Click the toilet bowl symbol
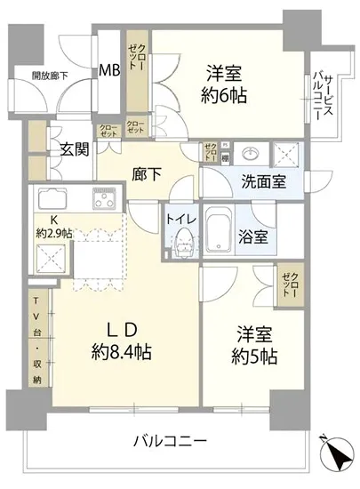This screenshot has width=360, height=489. pyautogui.click(x=184, y=240)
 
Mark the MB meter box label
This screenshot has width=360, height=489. pyautogui.click(x=110, y=70)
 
